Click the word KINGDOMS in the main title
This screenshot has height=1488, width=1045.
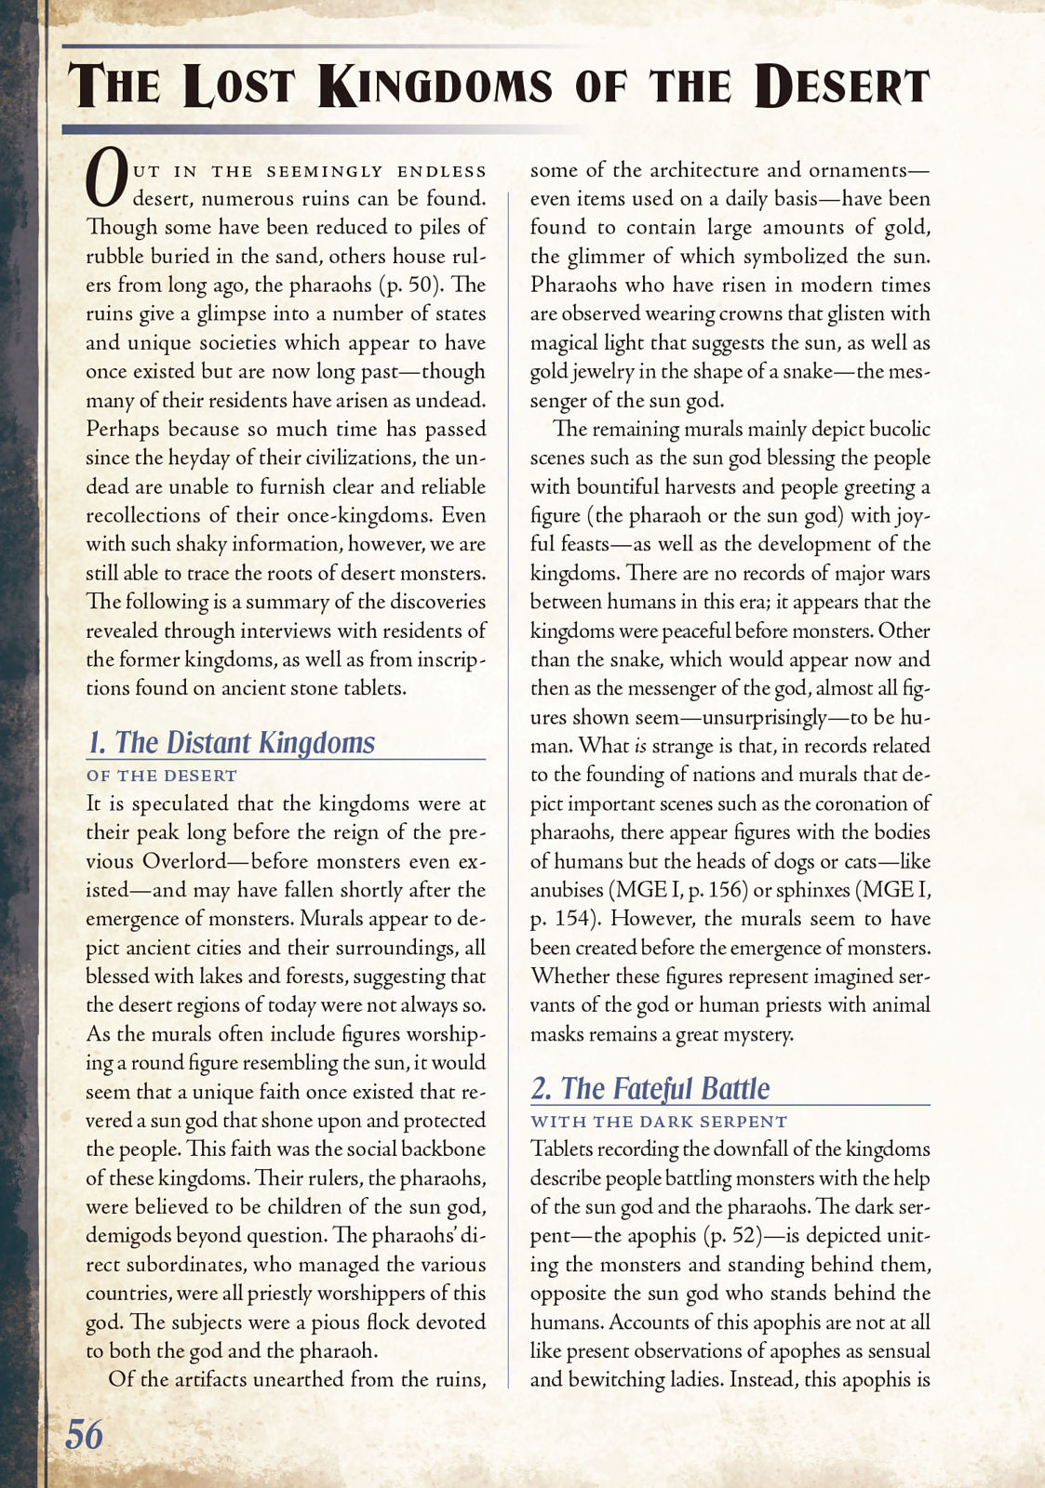[435, 86]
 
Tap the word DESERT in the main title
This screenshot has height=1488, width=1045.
[842, 86]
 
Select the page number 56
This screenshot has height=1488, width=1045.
[84, 1434]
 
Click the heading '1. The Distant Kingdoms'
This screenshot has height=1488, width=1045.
[231, 742]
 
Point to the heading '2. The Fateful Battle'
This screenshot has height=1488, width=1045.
[650, 1088]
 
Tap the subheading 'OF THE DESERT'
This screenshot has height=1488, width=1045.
[162, 776]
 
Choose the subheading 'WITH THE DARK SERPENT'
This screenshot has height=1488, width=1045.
[659, 1122]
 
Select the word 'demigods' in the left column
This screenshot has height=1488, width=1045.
[124, 1236]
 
